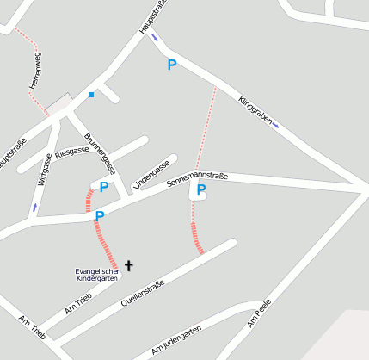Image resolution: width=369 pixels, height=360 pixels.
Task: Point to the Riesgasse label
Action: (72, 152)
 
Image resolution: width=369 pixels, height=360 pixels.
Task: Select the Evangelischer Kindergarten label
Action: (97, 275)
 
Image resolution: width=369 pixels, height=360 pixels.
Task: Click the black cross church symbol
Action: (129, 266)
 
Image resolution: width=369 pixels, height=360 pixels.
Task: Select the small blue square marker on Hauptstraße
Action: (91, 95)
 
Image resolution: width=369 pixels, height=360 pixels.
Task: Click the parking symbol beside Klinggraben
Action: (172, 65)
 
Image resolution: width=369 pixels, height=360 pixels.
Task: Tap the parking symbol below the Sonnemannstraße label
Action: (201, 190)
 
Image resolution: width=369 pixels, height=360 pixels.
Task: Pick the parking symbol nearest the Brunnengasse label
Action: (104, 186)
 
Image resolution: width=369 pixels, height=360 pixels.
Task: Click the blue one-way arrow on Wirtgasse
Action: (35, 208)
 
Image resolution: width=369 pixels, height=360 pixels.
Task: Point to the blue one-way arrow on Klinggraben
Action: (275, 126)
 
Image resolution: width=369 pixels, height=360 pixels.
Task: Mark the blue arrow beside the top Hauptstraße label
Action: (155, 37)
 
